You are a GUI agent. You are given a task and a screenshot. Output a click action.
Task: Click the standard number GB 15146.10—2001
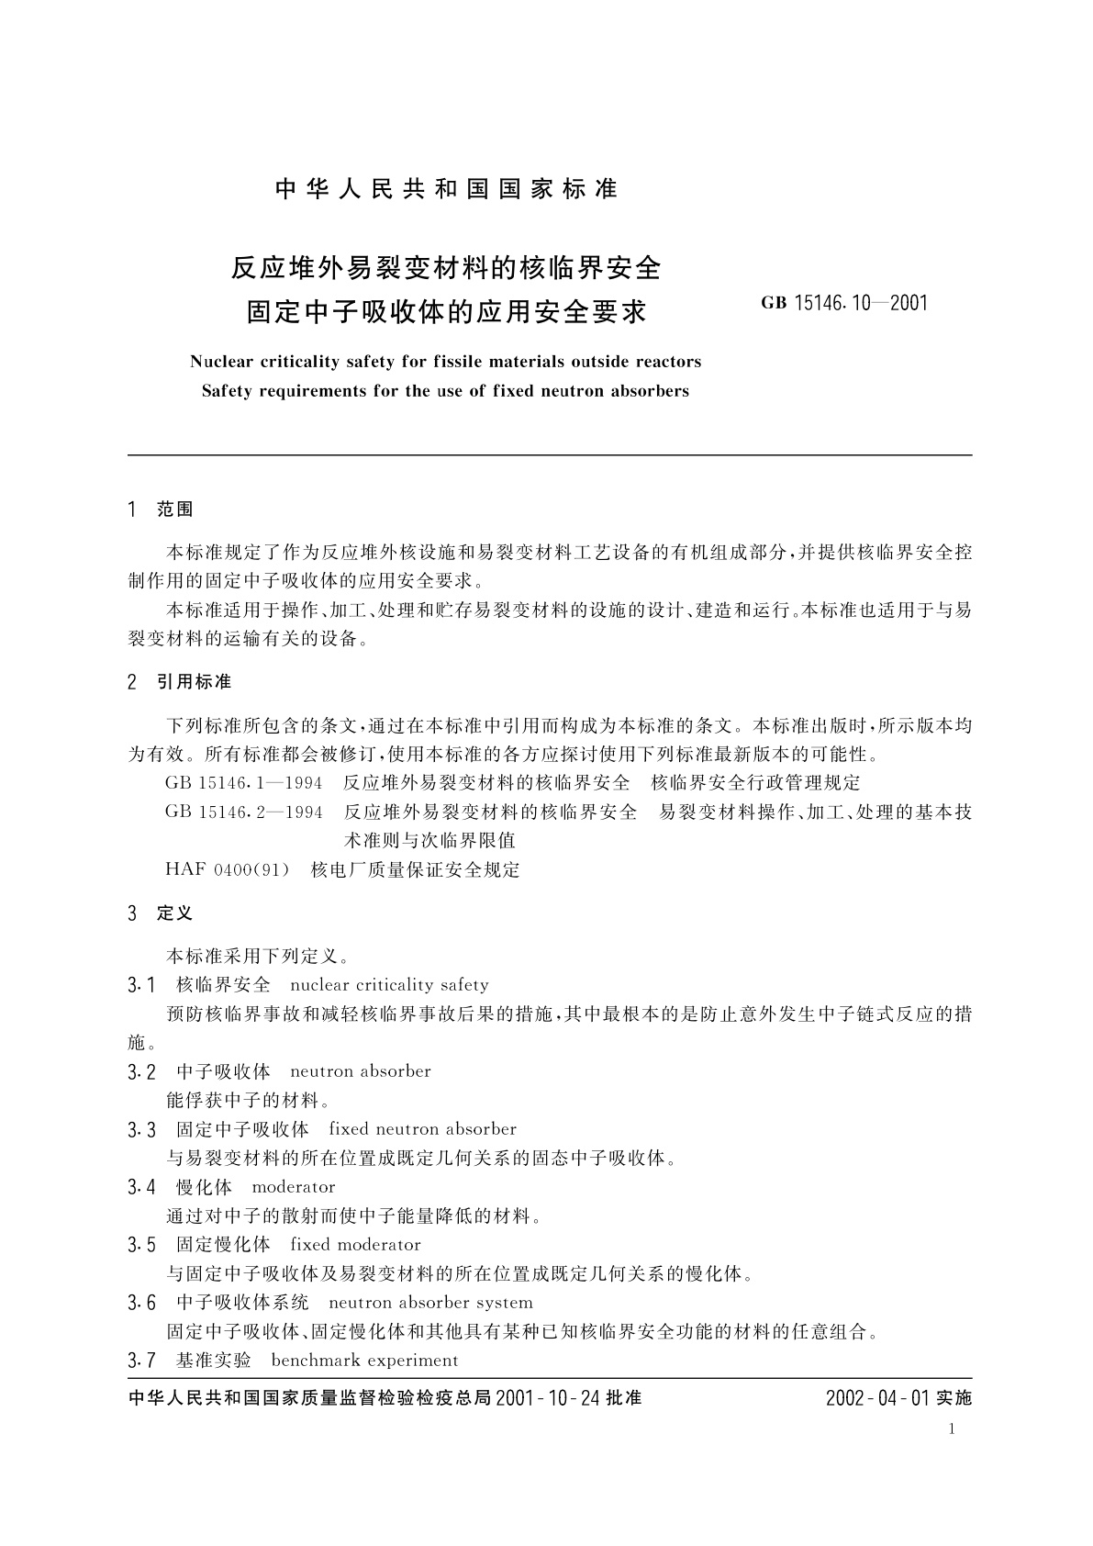point(844,302)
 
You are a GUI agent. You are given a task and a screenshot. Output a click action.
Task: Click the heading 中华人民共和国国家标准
point(447,189)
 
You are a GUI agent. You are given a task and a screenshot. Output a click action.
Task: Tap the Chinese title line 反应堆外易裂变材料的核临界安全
point(446,268)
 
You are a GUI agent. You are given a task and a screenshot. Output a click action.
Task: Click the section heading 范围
point(175,510)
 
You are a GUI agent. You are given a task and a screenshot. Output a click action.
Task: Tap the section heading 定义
point(175,913)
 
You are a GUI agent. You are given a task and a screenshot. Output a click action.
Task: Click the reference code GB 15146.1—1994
point(244,782)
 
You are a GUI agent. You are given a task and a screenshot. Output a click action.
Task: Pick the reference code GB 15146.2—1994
point(244,812)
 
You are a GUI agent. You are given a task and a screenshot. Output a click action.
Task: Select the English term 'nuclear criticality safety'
point(389,985)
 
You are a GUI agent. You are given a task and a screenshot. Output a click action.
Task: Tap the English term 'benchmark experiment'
point(364,1361)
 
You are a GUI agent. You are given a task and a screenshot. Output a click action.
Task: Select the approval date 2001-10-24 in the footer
point(544,1398)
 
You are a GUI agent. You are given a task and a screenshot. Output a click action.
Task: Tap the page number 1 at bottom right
point(953,1428)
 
